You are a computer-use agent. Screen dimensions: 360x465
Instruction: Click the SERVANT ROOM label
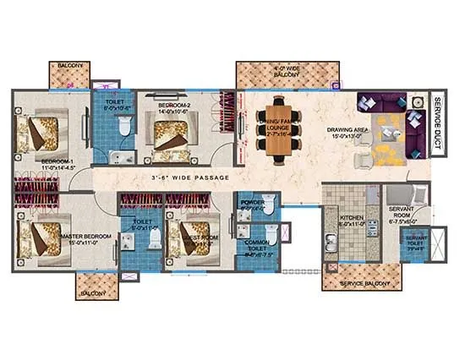[400, 216]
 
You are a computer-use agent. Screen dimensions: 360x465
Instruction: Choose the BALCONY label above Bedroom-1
[63, 64]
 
